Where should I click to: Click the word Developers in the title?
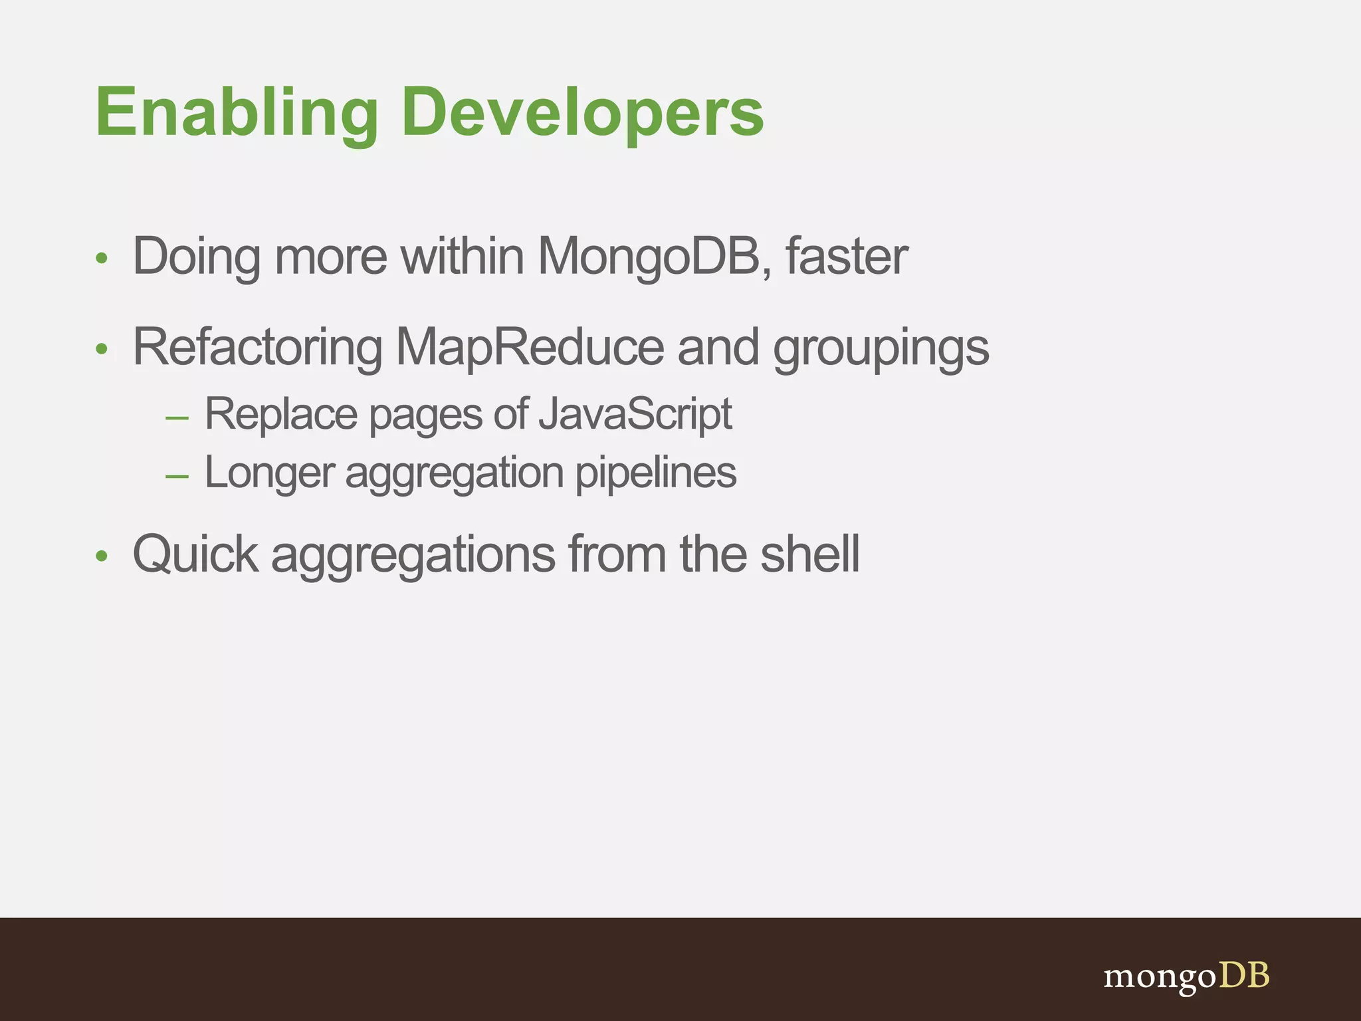[583, 113]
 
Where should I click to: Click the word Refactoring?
[257, 347]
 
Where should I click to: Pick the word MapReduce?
[530, 347]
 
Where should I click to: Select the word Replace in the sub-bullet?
[280, 414]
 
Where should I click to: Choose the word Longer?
[268, 473]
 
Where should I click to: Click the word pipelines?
[655, 473]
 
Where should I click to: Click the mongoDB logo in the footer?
[1186, 976]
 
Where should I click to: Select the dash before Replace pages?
[177, 419]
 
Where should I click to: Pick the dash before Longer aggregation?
[177, 477]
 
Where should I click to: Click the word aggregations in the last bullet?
[413, 555]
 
